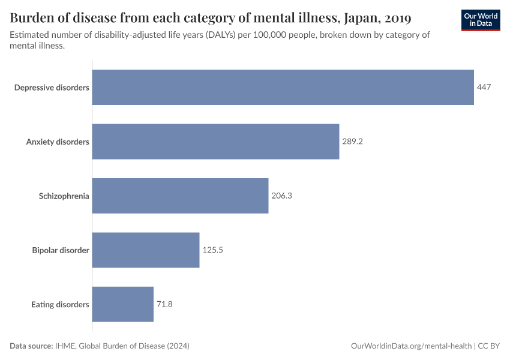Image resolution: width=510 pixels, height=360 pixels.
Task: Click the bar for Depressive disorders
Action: (283, 88)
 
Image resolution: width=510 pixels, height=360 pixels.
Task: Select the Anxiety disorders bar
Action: (215, 142)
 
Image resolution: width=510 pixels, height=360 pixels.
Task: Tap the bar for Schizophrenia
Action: (180, 196)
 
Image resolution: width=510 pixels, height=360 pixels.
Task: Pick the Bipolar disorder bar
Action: (145, 250)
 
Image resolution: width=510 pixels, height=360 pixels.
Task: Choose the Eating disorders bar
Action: (123, 304)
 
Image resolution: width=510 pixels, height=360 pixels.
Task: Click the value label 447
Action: (484, 88)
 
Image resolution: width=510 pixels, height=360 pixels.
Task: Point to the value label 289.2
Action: (353, 142)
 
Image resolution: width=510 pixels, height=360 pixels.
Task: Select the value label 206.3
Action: (281, 196)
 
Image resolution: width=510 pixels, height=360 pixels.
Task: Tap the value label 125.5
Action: (212, 250)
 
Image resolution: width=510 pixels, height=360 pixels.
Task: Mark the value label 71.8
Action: (165, 304)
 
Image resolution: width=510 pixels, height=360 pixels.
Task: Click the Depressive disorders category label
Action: (52, 88)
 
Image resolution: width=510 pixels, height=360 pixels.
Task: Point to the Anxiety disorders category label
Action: (58, 142)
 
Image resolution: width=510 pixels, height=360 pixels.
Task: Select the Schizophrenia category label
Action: (64, 196)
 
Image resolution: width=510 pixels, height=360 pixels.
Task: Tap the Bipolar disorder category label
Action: (61, 250)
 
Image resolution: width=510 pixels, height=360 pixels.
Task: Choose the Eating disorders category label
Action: (60, 304)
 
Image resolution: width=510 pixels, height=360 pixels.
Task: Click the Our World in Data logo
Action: (480, 20)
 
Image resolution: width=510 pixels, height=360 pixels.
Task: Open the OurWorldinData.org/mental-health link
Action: (411, 346)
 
